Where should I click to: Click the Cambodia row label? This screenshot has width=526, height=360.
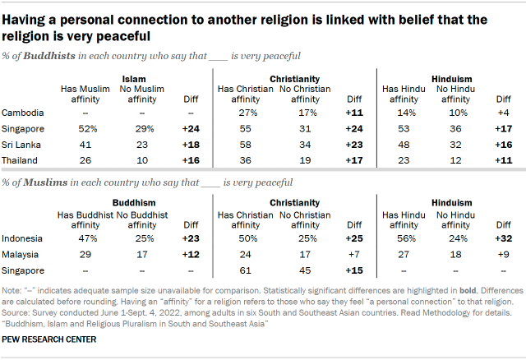tap(22, 112)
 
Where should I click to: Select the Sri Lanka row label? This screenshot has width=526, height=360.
tap(21, 143)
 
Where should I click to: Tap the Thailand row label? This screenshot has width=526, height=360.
tap(21, 159)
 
